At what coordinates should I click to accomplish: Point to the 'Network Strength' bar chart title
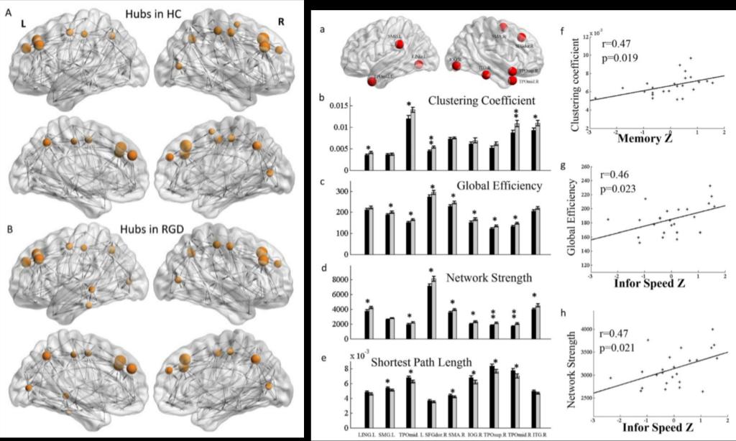point(497,276)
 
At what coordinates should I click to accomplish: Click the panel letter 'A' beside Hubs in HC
point(8,14)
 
